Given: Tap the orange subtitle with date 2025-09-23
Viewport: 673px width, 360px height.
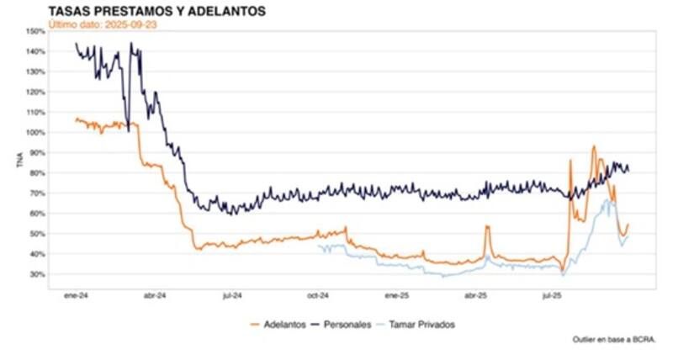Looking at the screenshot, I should point(103,24).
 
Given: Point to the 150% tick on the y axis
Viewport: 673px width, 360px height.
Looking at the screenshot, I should point(35,31).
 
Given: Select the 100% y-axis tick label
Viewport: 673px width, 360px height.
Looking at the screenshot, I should point(35,133).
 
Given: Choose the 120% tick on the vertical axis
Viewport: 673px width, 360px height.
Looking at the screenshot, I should point(35,93).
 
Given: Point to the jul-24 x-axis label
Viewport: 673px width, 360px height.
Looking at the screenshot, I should point(232,296).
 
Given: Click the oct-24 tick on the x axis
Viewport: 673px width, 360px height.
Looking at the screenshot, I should point(318,296).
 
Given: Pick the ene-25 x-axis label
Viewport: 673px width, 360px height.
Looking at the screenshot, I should point(396,296).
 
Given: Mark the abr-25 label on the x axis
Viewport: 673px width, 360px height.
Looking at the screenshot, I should point(476,296).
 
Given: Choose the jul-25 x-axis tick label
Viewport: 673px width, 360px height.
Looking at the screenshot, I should point(552,296).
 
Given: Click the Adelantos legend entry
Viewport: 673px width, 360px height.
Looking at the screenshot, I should point(278,324).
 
